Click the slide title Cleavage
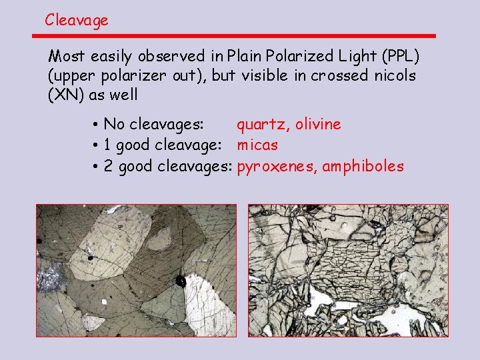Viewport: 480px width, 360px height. [x=76, y=20]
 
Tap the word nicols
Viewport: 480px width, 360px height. [x=394, y=75]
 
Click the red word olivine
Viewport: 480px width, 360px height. [x=318, y=124]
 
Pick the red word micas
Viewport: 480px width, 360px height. [x=258, y=145]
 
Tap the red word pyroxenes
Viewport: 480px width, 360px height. [x=277, y=167]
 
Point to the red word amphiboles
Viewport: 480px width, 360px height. [x=363, y=166]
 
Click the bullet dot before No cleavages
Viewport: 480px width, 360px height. [x=97, y=125]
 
